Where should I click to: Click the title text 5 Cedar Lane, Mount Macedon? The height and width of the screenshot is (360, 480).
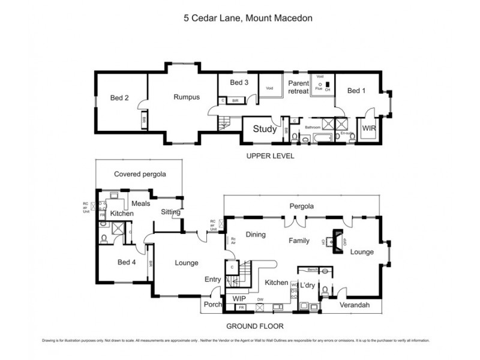tap(239, 18)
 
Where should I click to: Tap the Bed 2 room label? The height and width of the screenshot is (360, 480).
tap(119, 98)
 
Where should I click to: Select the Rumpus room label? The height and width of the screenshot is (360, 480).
tap(186, 97)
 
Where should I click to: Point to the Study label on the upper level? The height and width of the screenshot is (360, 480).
tap(264, 129)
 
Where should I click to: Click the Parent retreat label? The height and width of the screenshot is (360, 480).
tap(298, 87)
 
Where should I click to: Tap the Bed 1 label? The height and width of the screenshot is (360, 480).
tap(356, 91)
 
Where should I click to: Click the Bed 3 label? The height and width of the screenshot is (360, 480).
tap(239, 82)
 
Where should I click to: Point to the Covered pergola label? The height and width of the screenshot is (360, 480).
tap(139, 174)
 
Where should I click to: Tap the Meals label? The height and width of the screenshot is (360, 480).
tap(140, 203)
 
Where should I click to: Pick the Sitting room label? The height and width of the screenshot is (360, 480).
tap(170, 212)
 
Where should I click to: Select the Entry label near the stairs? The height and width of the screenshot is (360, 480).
tap(212, 280)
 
